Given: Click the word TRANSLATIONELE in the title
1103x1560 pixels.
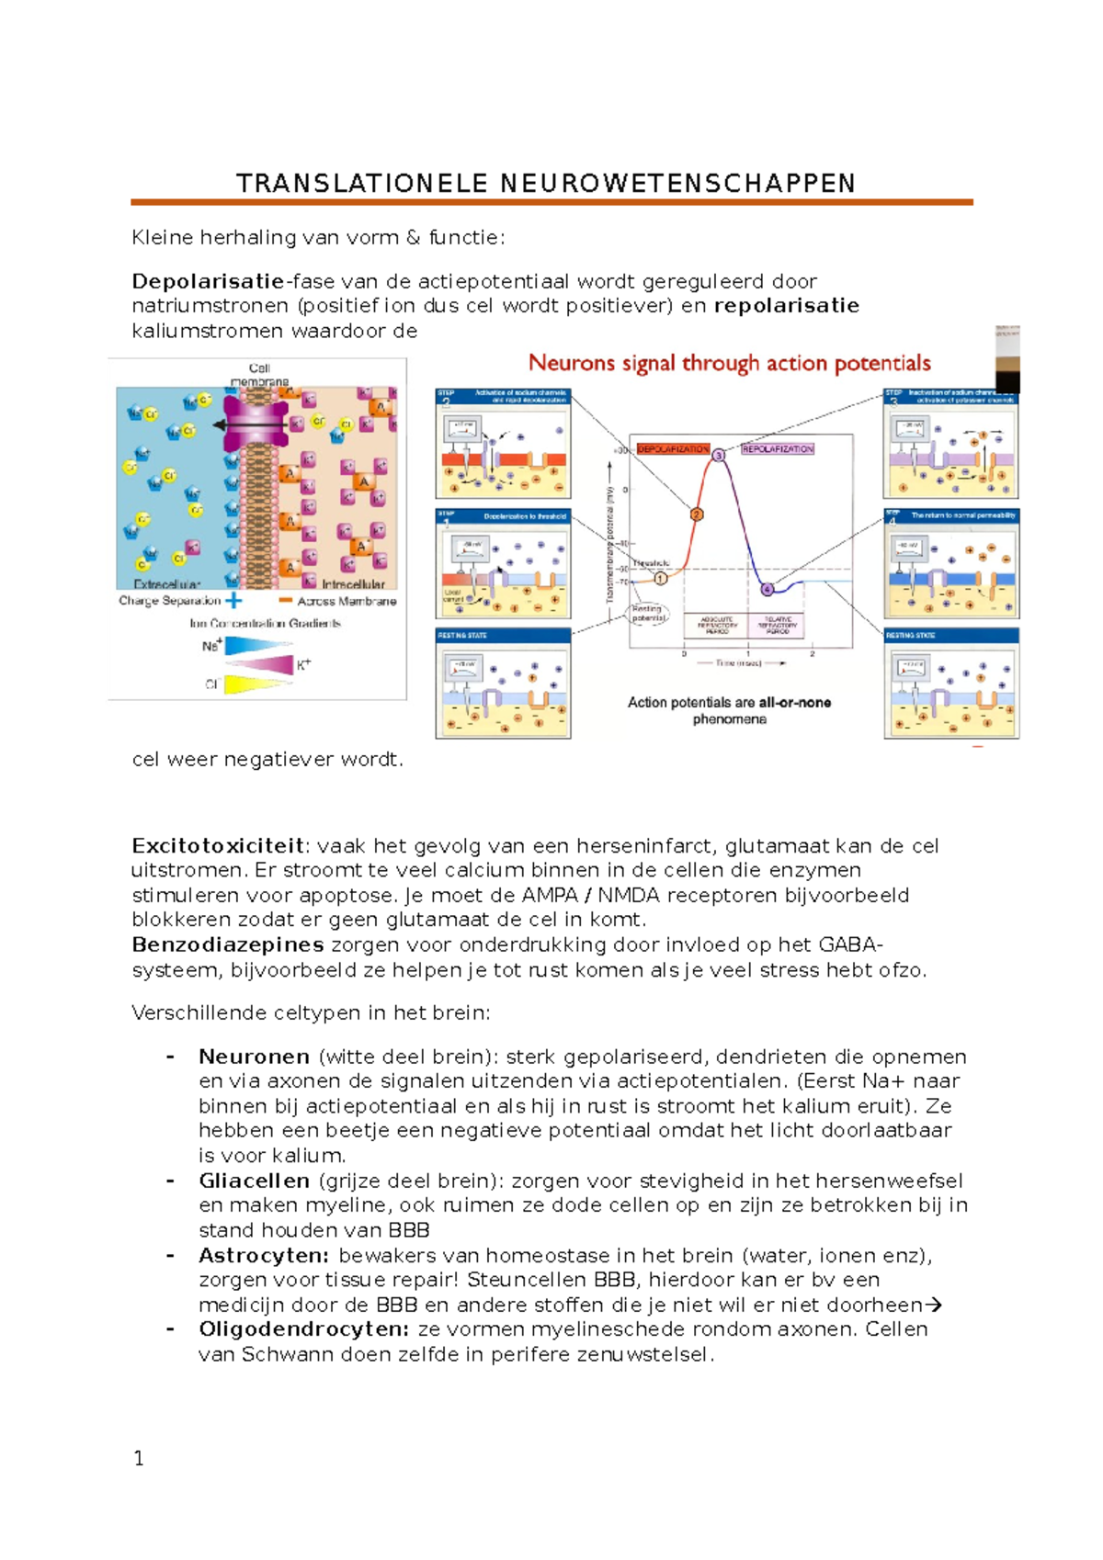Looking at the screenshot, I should pyautogui.click(x=361, y=184).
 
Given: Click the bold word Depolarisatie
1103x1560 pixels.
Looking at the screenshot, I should pyautogui.click(x=208, y=281).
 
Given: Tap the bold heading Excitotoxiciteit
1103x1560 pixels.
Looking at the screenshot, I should pyautogui.click(x=218, y=845).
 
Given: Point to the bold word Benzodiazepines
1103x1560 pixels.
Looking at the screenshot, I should pyautogui.click(x=227, y=944).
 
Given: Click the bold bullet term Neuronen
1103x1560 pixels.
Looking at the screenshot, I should pyautogui.click(x=255, y=1057).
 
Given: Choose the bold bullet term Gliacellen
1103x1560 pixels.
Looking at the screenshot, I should pyautogui.click(x=254, y=1181).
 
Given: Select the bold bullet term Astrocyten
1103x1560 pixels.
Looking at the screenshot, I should pyautogui.click(x=263, y=1255).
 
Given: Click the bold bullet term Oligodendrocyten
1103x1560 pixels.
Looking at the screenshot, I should pyautogui.click(x=303, y=1329).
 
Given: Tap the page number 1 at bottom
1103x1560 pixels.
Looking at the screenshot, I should pyautogui.click(x=139, y=1458).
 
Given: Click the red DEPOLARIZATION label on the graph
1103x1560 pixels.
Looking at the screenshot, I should pyautogui.click(x=673, y=449).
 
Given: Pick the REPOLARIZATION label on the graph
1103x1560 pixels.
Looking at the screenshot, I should pyautogui.click(x=778, y=449).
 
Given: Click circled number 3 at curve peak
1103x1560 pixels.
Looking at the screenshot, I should pyautogui.click(x=719, y=456).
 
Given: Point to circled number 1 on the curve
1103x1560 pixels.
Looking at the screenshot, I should pyautogui.click(x=660, y=579).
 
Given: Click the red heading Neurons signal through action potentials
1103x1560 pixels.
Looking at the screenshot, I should pyautogui.click(x=729, y=364).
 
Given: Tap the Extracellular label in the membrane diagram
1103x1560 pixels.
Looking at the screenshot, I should pyautogui.click(x=166, y=584).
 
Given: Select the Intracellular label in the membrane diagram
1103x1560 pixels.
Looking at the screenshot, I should pyautogui.click(x=353, y=584).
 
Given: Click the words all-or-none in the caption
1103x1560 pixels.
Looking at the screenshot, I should pyautogui.click(x=794, y=703).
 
